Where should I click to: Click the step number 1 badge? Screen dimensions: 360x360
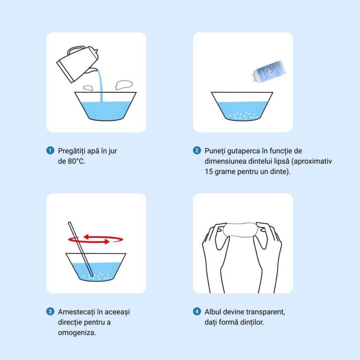tap(50, 150)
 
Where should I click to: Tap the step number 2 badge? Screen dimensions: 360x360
tap(197, 150)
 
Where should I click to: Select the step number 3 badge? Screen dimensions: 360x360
tap(50, 312)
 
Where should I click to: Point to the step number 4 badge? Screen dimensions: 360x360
tap(197, 312)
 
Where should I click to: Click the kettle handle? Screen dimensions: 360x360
tap(76, 49)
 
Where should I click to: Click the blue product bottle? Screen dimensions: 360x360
tap(269, 71)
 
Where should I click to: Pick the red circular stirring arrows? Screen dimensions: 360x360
tap(96, 239)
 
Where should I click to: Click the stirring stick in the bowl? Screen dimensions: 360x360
tap(81, 249)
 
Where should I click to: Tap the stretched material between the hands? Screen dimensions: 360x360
tap(240, 230)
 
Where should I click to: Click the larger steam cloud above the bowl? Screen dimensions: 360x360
tap(124, 85)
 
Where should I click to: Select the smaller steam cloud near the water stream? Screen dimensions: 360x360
tap(88, 88)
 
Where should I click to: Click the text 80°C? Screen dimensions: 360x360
tap(76, 161)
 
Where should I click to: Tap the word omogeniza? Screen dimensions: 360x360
tap(77, 333)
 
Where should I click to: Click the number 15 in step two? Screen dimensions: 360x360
tap(209, 172)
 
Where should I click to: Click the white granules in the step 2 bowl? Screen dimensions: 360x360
tap(243, 116)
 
